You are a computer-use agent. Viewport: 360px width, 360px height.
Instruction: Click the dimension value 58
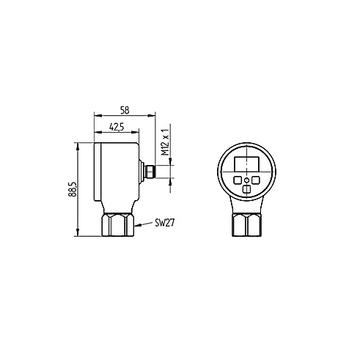125,111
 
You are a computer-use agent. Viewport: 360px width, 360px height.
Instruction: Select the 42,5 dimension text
117,127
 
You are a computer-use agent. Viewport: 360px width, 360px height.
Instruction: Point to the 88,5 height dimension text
73,189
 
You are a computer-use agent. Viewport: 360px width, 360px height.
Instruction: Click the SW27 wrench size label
165,223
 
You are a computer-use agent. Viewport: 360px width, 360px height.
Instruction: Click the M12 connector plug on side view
150,172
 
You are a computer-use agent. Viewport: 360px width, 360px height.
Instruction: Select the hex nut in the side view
118,224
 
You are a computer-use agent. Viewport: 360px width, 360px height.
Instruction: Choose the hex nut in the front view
247,224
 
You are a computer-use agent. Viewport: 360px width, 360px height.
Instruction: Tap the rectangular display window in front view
247,164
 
